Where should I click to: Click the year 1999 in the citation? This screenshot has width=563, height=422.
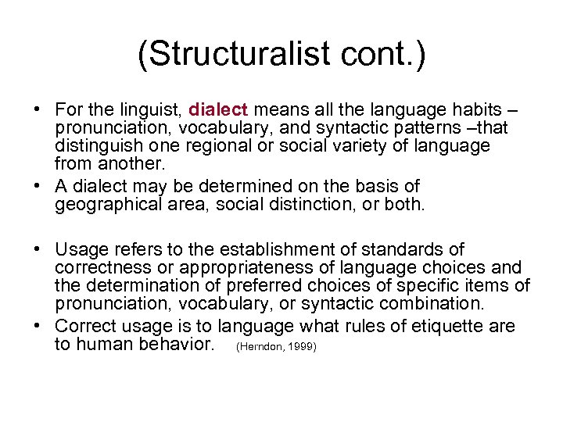coord(299,345)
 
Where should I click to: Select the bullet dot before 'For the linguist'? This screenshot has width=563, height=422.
coord(39,111)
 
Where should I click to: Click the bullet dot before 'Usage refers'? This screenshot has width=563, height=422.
coord(39,250)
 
